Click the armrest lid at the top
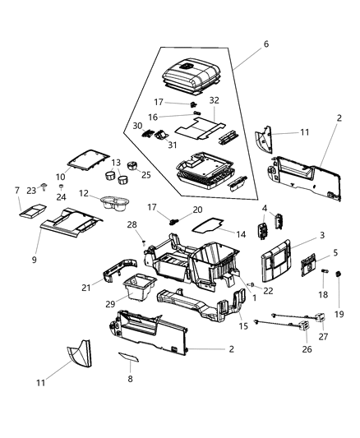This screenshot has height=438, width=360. tap(191, 78)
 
